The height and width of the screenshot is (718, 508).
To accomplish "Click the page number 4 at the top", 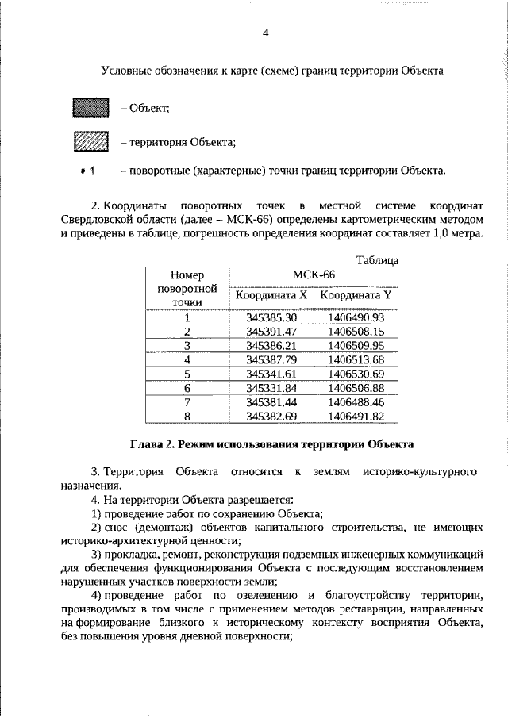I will coord(266,33).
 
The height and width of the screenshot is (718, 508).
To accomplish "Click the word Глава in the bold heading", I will coord(148,443).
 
